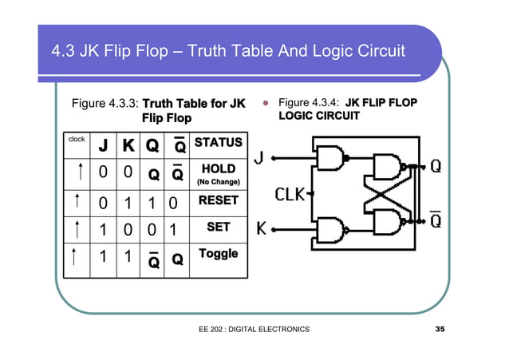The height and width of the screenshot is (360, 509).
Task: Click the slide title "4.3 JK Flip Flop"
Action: point(228,52)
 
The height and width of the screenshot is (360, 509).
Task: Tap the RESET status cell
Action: point(218,200)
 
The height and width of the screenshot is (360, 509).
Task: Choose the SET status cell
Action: point(218,227)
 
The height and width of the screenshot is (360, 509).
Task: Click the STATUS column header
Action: point(218,143)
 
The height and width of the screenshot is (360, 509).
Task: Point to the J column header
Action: point(103,146)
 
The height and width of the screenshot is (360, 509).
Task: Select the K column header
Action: point(128,146)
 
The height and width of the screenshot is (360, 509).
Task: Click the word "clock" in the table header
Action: point(77,139)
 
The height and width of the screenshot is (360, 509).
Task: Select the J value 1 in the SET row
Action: point(103,230)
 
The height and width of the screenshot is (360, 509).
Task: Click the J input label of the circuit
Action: point(259,158)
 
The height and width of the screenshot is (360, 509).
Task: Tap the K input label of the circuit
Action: point(260,229)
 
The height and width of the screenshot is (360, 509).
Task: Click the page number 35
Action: point(440,329)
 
